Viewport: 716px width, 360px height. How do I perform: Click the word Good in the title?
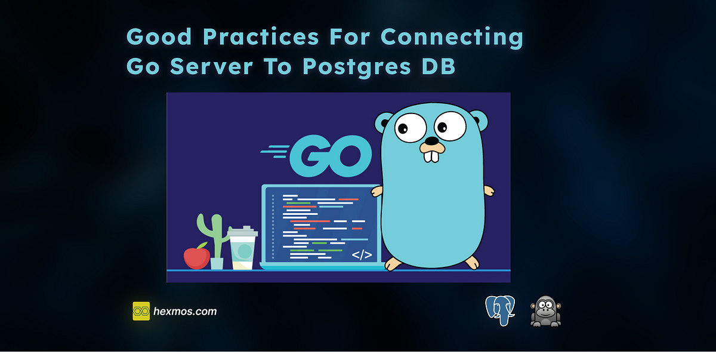click(159, 37)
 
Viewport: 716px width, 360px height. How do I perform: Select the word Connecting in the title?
click(452, 37)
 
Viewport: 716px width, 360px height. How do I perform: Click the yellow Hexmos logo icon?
click(141, 311)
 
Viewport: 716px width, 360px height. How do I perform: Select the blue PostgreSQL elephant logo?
click(500, 310)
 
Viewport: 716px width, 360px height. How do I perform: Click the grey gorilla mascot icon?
click(545, 311)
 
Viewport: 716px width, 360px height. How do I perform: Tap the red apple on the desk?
click(196, 257)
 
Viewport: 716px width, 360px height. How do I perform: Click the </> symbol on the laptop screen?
click(362, 255)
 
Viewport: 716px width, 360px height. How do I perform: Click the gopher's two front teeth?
click(431, 156)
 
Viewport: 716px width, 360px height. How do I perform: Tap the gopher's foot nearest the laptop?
click(394, 263)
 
